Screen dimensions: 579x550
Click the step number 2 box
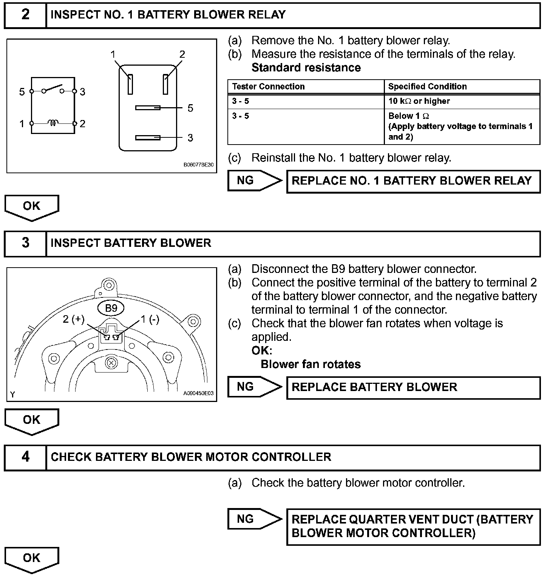point(25,15)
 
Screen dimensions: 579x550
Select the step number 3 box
point(25,243)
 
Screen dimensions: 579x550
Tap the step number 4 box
point(25,457)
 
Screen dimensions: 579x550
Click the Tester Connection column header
point(268,86)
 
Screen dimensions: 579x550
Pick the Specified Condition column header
point(427,86)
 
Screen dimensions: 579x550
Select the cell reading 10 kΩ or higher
point(419,101)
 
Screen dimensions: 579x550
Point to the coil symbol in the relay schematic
point(53,123)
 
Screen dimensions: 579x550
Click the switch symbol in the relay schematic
point(53,89)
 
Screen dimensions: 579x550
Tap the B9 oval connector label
point(111,308)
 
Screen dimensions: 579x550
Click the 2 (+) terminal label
point(74,319)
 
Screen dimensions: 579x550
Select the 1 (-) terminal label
point(150,319)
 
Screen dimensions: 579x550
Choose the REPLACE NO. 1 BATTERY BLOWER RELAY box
point(413,181)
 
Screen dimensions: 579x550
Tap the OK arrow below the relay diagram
point(32,206)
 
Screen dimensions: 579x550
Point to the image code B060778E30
point(198,165)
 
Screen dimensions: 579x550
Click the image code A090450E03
point(198,393)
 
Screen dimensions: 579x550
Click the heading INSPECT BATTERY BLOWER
point(131,243)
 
